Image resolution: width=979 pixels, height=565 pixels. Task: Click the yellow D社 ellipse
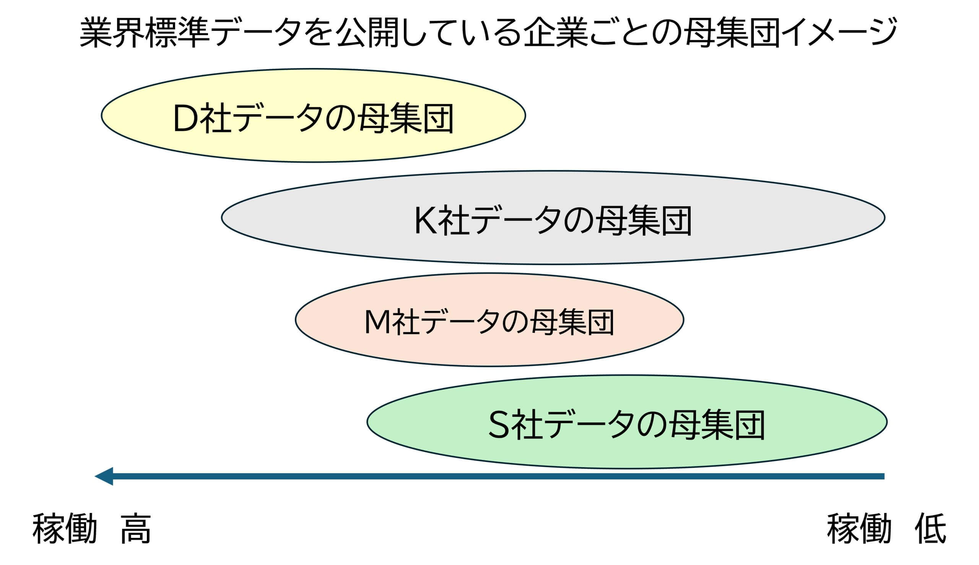(313, 116)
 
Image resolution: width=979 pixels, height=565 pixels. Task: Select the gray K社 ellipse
(553, 218)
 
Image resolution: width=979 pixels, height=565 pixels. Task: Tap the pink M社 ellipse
(489, 320)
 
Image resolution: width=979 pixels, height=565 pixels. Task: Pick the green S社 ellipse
(627, 422)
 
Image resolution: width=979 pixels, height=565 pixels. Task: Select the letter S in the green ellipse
(499, 425)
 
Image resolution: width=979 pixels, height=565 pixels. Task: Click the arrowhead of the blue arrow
(104, 476)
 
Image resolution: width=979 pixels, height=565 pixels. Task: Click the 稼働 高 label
(92, 529)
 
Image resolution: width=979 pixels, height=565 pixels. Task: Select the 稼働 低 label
(886, 529)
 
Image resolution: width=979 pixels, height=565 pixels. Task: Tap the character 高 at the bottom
(135, 529)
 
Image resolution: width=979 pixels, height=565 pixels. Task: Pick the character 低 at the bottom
(931, 529)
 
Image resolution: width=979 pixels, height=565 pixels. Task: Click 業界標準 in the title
(145, 32)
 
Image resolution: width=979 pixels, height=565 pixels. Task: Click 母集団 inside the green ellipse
(717, 425)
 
